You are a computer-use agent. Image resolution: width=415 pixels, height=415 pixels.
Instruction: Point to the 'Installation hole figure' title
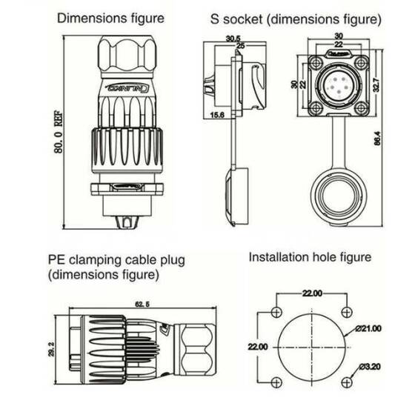pyautogui.click(x=310, y=258)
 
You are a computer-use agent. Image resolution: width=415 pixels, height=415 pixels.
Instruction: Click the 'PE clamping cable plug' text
pyautogui.click(x=116, y=261)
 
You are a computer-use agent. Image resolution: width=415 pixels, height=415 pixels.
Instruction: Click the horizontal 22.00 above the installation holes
pyautogui.click(x=311, y=294)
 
